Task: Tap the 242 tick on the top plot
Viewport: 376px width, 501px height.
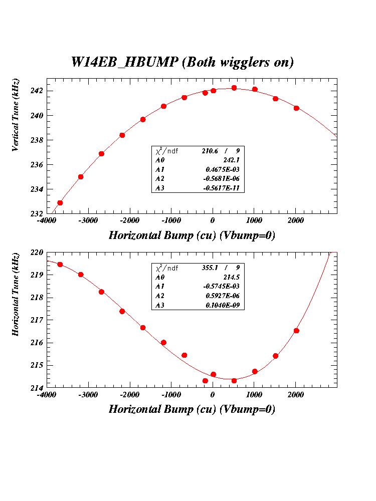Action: pyautogui.click(x=38, y=91)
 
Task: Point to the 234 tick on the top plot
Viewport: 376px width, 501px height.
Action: pyautogui.click(x=38, y=189)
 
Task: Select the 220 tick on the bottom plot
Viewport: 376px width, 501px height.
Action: pyautogui.click(x=38, y=253)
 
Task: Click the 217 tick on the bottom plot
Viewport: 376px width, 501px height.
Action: pyautogui.click(x=38, y=320)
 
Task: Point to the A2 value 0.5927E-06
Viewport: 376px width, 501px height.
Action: pyautogui.click(x=225, y=296)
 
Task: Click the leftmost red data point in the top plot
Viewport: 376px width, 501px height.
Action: pyautogui.click(x=60, y=203)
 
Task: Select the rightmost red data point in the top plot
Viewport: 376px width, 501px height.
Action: pyautogui.click(x=296, y=108)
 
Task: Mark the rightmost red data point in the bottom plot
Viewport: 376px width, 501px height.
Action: pyautogui.click(x=296, y=331)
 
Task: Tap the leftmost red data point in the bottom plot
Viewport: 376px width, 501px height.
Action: pyautogui.click(x=60, y=265)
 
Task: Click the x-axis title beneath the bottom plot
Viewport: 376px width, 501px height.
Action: pyautogui.click(x=192, y=409)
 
